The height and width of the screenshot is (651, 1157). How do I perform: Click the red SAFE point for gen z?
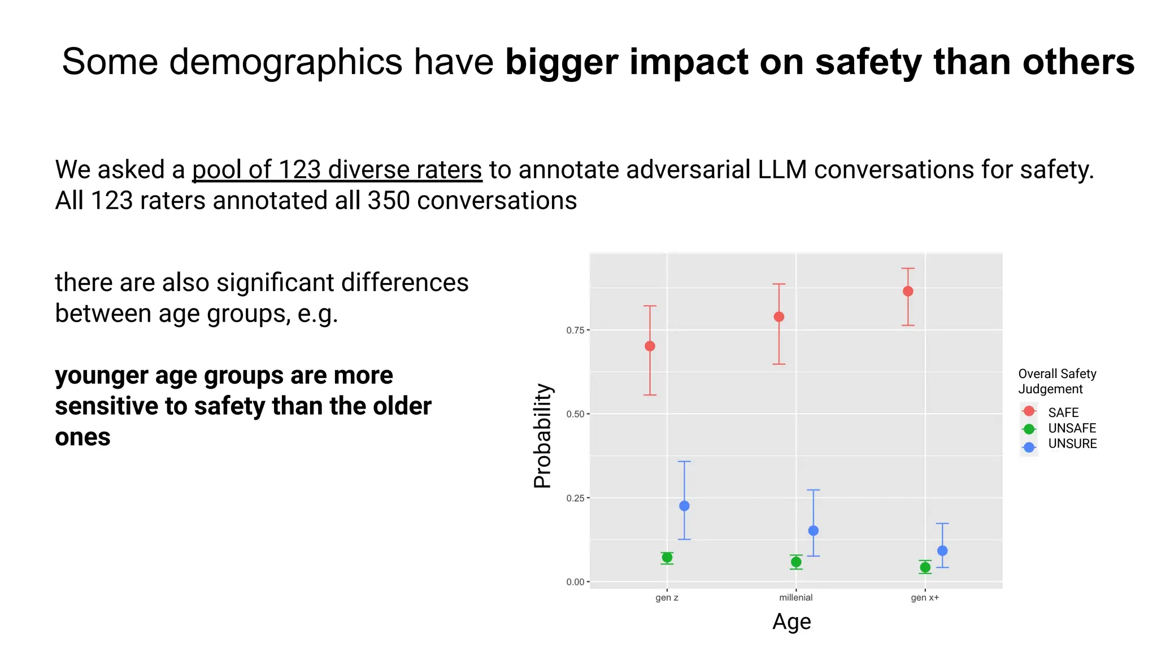point(650,346)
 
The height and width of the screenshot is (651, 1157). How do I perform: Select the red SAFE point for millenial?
point(778,316)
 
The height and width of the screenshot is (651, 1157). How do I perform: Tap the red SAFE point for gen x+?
point(908,291)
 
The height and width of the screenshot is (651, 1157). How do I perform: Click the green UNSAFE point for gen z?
point(667,558)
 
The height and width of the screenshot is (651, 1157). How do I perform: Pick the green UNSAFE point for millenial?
point(796,562)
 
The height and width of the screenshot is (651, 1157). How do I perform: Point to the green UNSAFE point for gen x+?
point(925,567)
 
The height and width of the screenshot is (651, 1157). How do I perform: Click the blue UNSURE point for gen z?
point(684,506)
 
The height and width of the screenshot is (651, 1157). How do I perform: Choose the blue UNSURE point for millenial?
point(814,531)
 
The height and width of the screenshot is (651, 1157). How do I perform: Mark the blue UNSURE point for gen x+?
point(942,550)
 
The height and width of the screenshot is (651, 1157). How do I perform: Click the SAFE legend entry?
point(1063,413)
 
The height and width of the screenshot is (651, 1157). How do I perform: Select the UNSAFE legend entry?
point(1072,428)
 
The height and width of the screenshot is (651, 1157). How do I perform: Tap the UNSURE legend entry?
point(1072,444)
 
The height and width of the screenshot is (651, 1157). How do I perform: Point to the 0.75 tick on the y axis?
point(575,330)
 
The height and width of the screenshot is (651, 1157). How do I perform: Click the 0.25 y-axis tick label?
point(575,498)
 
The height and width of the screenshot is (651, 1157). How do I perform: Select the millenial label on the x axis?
point(795,597)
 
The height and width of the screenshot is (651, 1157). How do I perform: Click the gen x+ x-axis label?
point(925,597)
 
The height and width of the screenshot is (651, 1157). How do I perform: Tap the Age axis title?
point(791,622)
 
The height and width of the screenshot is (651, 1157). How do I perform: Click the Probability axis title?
point(543,435)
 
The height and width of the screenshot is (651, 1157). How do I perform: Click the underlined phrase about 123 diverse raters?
point(337,170)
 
